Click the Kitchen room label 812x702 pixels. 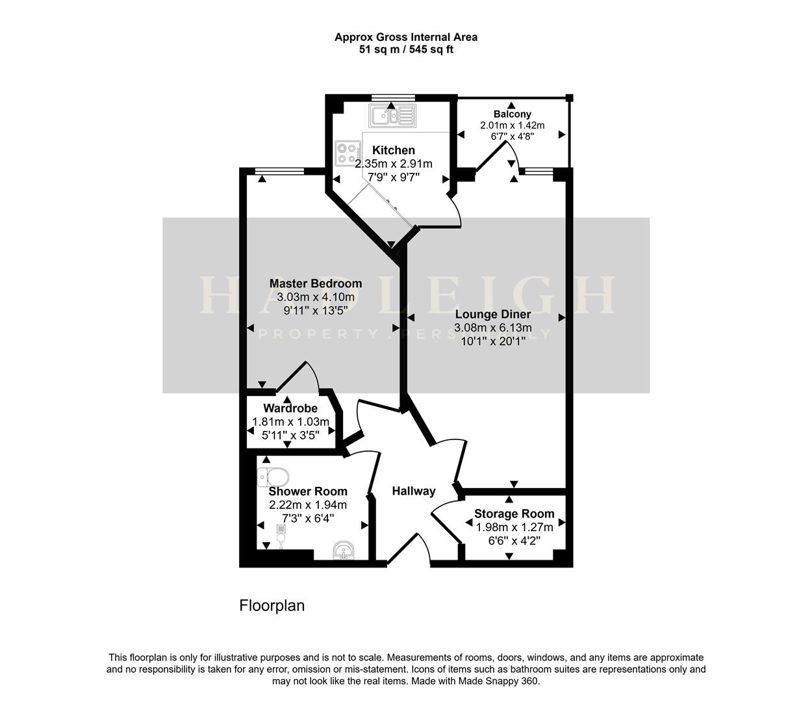(394, 150)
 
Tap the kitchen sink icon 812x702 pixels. (392, 116)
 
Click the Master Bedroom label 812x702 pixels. (316, 283)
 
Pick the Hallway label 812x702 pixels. (413, 491)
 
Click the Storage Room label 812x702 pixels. (514, 513)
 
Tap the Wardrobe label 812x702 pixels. (290, 408)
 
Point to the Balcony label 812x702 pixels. (512, 114)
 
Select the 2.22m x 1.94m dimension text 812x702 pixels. (308, 504)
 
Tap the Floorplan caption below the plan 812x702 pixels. (272, 606)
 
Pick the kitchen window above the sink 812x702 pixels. (392, 98)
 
